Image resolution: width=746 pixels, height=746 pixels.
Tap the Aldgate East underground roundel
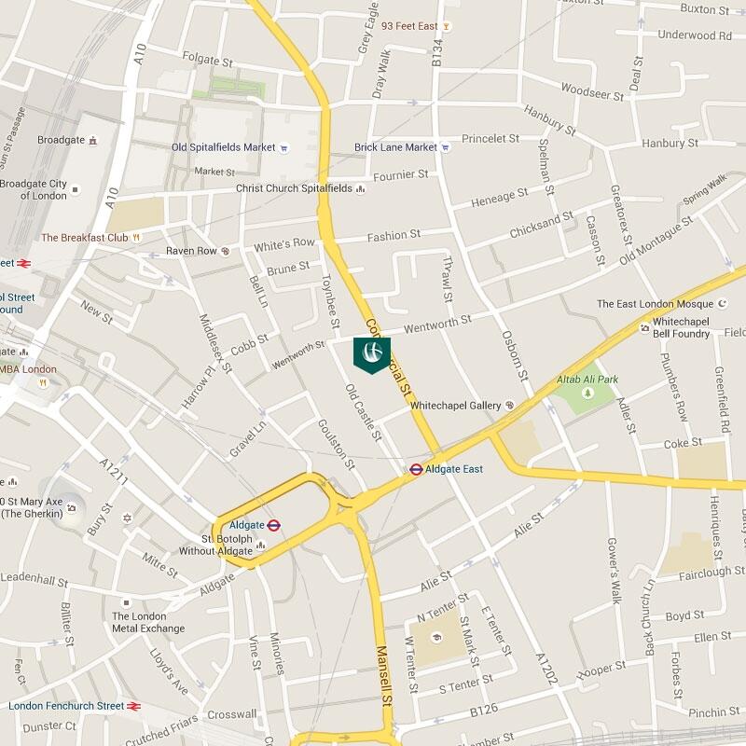pos(417,469)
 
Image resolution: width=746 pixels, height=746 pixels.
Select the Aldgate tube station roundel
pos(273,526)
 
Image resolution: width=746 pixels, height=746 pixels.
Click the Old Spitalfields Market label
pos(223,147)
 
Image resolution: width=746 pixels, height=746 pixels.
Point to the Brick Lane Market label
pos(395,147)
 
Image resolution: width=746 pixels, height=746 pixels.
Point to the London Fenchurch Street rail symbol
pos(134,706)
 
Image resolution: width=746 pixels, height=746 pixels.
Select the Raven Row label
pos(191,251)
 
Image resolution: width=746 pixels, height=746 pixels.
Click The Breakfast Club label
pos(84,238)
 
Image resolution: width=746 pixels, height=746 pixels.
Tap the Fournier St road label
pos(400,174)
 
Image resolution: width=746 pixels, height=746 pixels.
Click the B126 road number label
pos(485,711)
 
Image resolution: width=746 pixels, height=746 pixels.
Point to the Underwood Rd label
pos(694,35)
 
